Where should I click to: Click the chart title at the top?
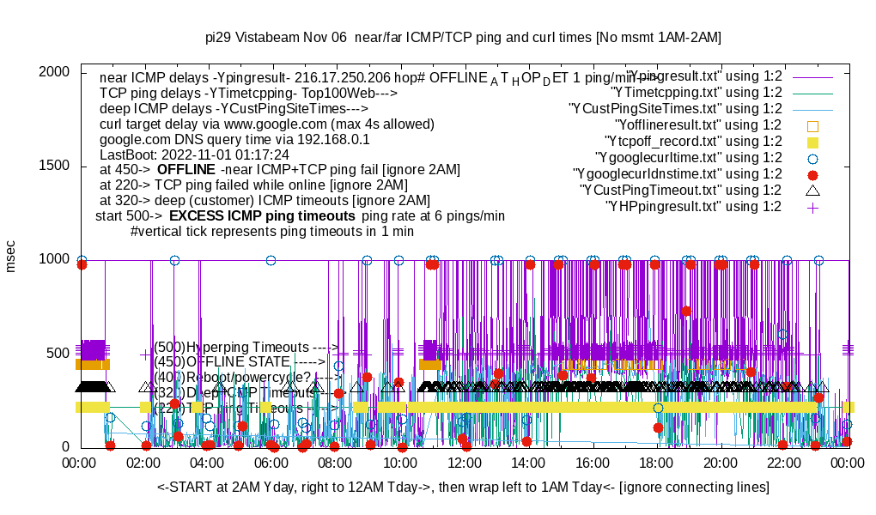click(463, 38)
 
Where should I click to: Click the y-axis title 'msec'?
click(11, 257)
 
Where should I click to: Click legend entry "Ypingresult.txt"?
click(703, 76)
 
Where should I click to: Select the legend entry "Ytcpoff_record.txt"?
click(694, 142)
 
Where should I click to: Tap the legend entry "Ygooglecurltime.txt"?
click(688, 157)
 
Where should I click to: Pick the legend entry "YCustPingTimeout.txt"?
click(680, 190)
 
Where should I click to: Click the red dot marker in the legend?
click(813, 174)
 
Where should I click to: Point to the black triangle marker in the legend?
click(813, 190)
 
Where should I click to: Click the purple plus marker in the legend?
click(813, 207)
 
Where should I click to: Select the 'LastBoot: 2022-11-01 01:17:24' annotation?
click(194, 154)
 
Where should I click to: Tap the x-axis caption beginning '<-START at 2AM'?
click(463, 487)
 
